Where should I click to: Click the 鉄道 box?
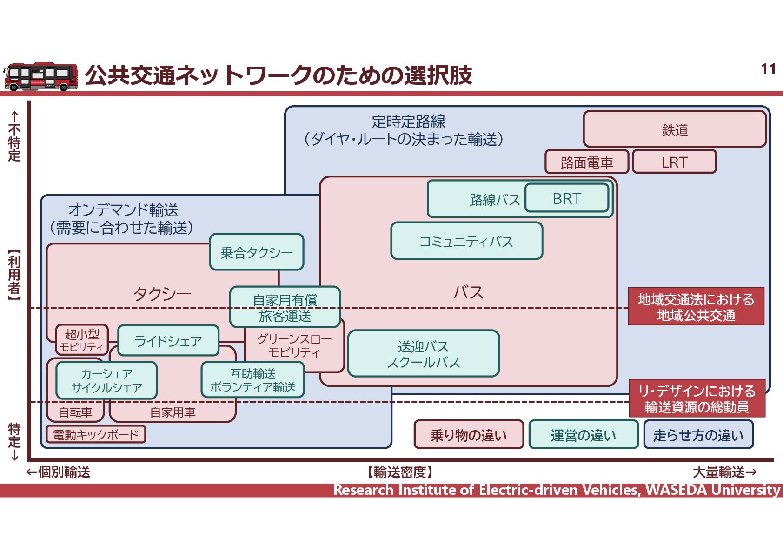(674, 129)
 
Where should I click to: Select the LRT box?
(674, 162)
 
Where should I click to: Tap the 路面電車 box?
(587, 162)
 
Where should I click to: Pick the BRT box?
(567, 198)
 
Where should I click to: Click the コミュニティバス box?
(466, 241)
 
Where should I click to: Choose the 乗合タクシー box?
(257, 252)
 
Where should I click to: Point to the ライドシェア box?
(168, 341)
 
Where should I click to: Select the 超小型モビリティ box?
(82, 340)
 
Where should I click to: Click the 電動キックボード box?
(96, 434)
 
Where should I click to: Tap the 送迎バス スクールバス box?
(423, 354)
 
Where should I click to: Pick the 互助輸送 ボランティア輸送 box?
(252, 380)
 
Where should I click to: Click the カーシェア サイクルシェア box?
(106, 380)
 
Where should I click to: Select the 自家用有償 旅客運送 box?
(285, 307)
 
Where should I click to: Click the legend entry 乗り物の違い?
(469, 435)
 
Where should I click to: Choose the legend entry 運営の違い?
(584, 435)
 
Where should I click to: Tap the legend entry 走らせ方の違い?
(698, 435)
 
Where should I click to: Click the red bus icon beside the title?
(41, 76)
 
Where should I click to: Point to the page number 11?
(768, 69)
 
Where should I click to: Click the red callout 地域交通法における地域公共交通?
(696, 307)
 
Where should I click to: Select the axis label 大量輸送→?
(724, 472)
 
